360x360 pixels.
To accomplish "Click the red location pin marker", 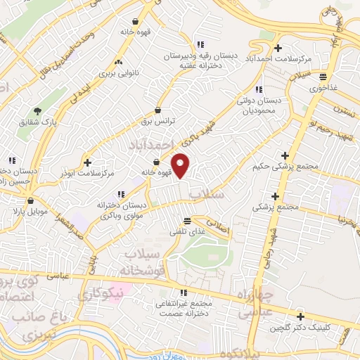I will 181,165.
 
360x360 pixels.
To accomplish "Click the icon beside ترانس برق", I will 157,110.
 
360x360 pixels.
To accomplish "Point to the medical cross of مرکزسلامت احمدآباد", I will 278,49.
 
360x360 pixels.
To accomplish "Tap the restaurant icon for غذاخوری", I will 322,77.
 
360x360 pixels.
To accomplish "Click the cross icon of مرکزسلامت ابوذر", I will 86,161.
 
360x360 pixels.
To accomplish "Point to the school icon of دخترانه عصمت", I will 184,292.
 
